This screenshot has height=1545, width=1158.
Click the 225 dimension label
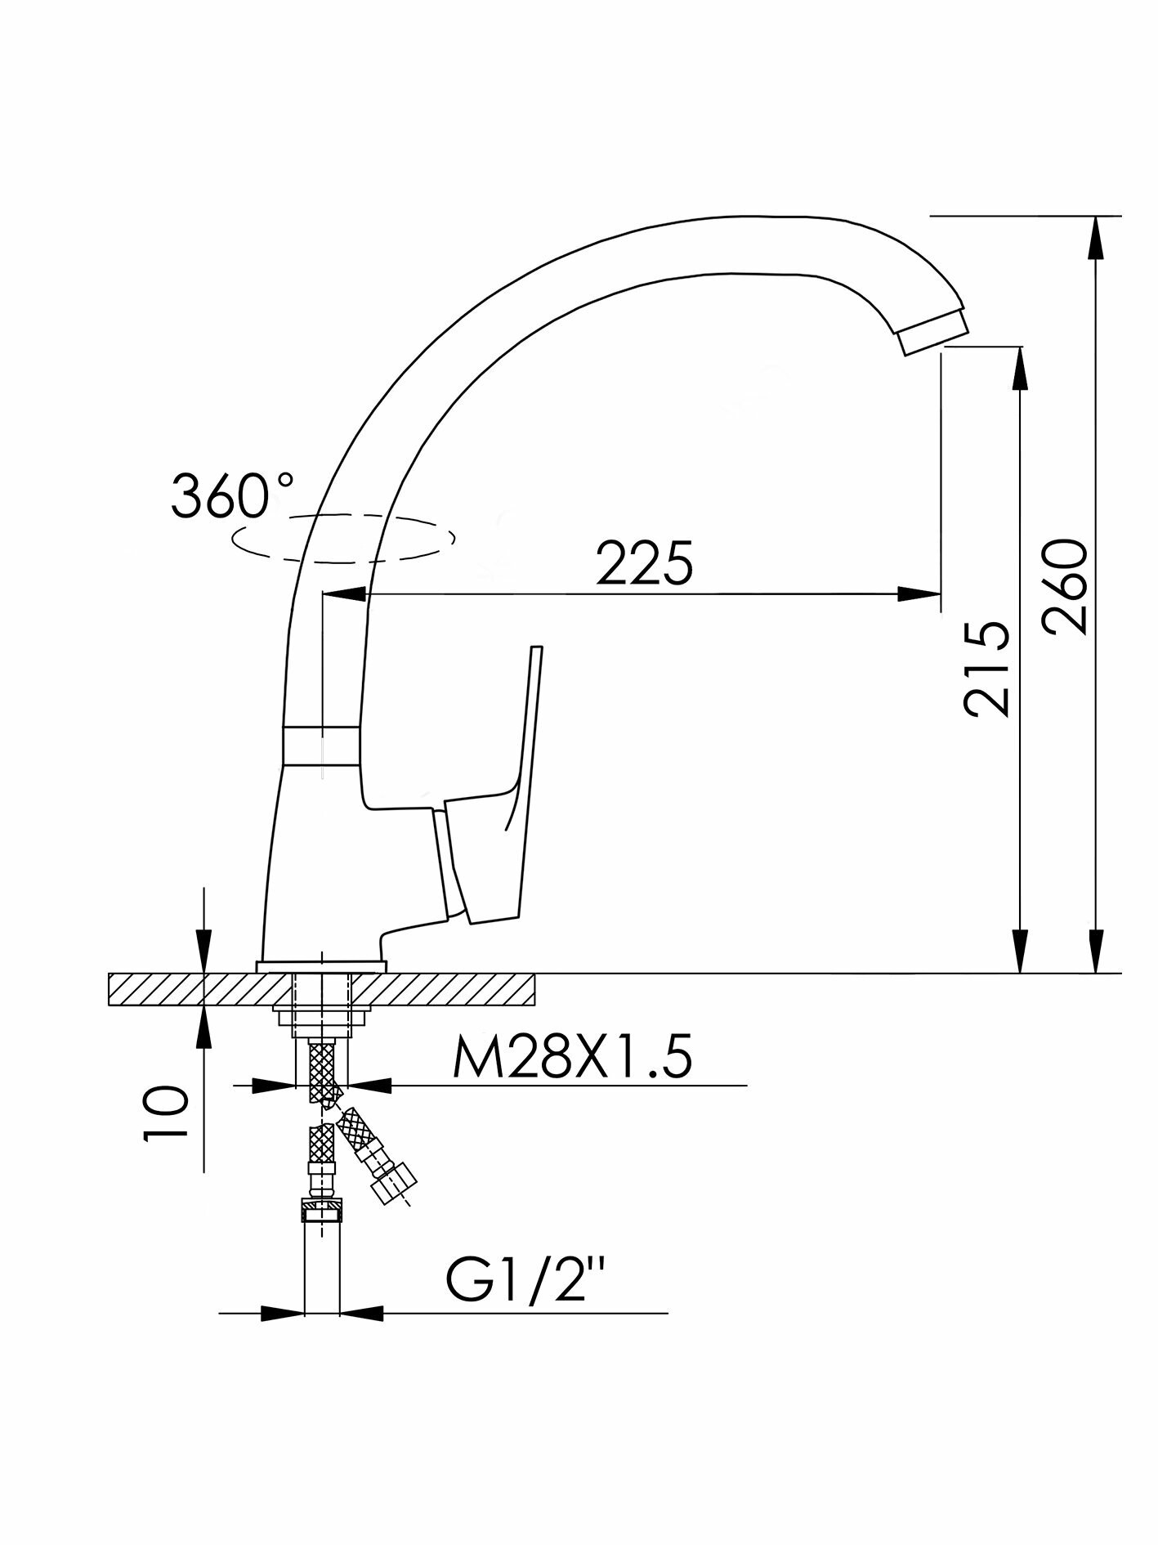pos(645,563)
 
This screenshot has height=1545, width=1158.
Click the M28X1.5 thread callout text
pos(572,1059)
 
